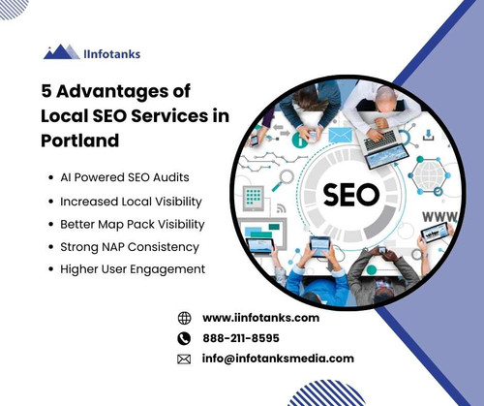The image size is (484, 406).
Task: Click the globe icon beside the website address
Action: point(184,318)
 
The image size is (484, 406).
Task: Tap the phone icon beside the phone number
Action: point(184,338)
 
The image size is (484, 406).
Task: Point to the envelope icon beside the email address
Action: point(184,359)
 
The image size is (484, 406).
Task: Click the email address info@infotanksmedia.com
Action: point(278,359)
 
